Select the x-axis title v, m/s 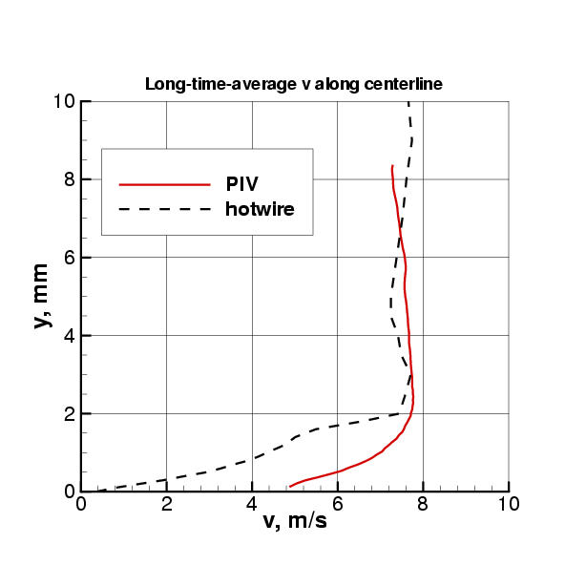pos(295,522)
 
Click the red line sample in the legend pos(163,183)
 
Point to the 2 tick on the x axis pos(167,503)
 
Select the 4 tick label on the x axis pos(252,503)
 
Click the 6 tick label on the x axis pos(338,503)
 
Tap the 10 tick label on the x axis pos(509,503)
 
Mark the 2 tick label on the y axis pos(70,414)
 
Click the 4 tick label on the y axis pos(70,336)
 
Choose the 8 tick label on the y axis pos(70,179)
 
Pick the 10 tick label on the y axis pos(65,101)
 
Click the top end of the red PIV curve pos(392,165)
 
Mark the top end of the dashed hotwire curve pos(408,101)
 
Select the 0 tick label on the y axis pos(70,492)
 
